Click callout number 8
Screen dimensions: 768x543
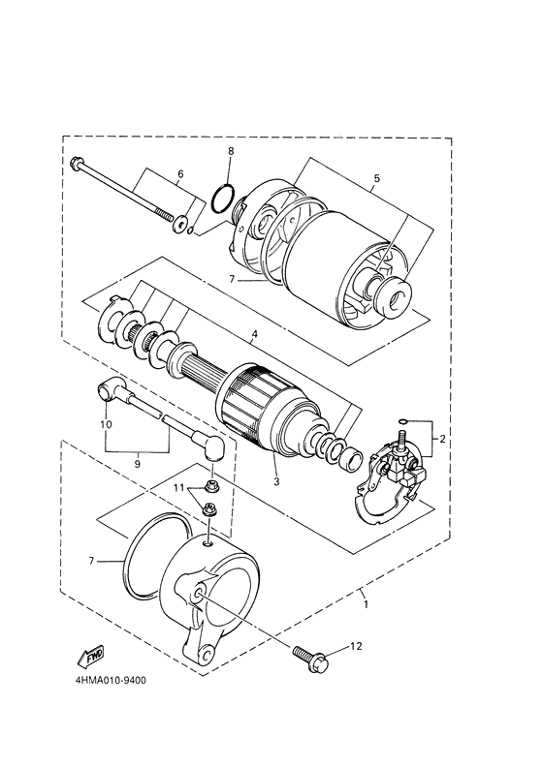click(231, 152)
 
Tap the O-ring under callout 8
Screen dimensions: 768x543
click(223, 200)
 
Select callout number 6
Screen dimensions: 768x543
click(179, 175)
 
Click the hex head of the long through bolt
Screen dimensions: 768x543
click(78, 165)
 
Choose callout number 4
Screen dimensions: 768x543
click(254, 336)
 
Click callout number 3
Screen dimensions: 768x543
click(275, 481)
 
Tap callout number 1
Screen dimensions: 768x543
click(365, 603)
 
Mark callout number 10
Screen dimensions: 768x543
click(106, 423)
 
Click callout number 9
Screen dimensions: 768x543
click(138, 464)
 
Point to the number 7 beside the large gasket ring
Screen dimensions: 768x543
click(93, 560)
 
